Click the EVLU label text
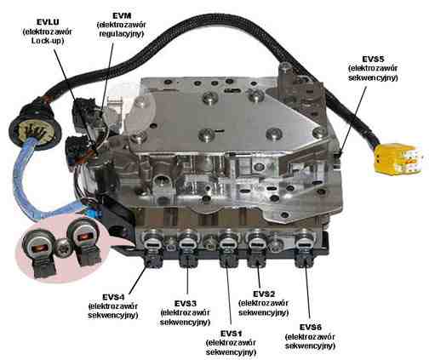pyautogui.click(x=48, y=22)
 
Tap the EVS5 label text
pyautogui.click(x=373, y=59)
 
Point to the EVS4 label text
pyautogui.click(x=113, y=297)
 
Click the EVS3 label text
pyautogui.click(x=186, y=304)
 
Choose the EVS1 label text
pyautogui.click(x=231, y=333)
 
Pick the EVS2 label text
pyautogui.click(x=264, y=294)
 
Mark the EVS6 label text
pyautogui.click(x=311, y=327)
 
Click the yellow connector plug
pyautogui.click(x=398, y=157)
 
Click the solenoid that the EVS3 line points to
pyautogui.click(x=189, y=249)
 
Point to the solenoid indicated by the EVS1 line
pyautogui.click(x=228, y=249)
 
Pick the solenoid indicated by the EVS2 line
pyautogui.click(x=258, y=249)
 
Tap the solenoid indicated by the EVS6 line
pyautogui.click(x=305, y=249)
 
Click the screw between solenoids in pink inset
pyautogui.click(x=61, y=247)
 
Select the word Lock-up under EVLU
pyautogui.click(x=48, y=41)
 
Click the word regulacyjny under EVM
pyautogui.click(x=122, y=34)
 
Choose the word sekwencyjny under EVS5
pyautogui.click(x=373, y=78)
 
